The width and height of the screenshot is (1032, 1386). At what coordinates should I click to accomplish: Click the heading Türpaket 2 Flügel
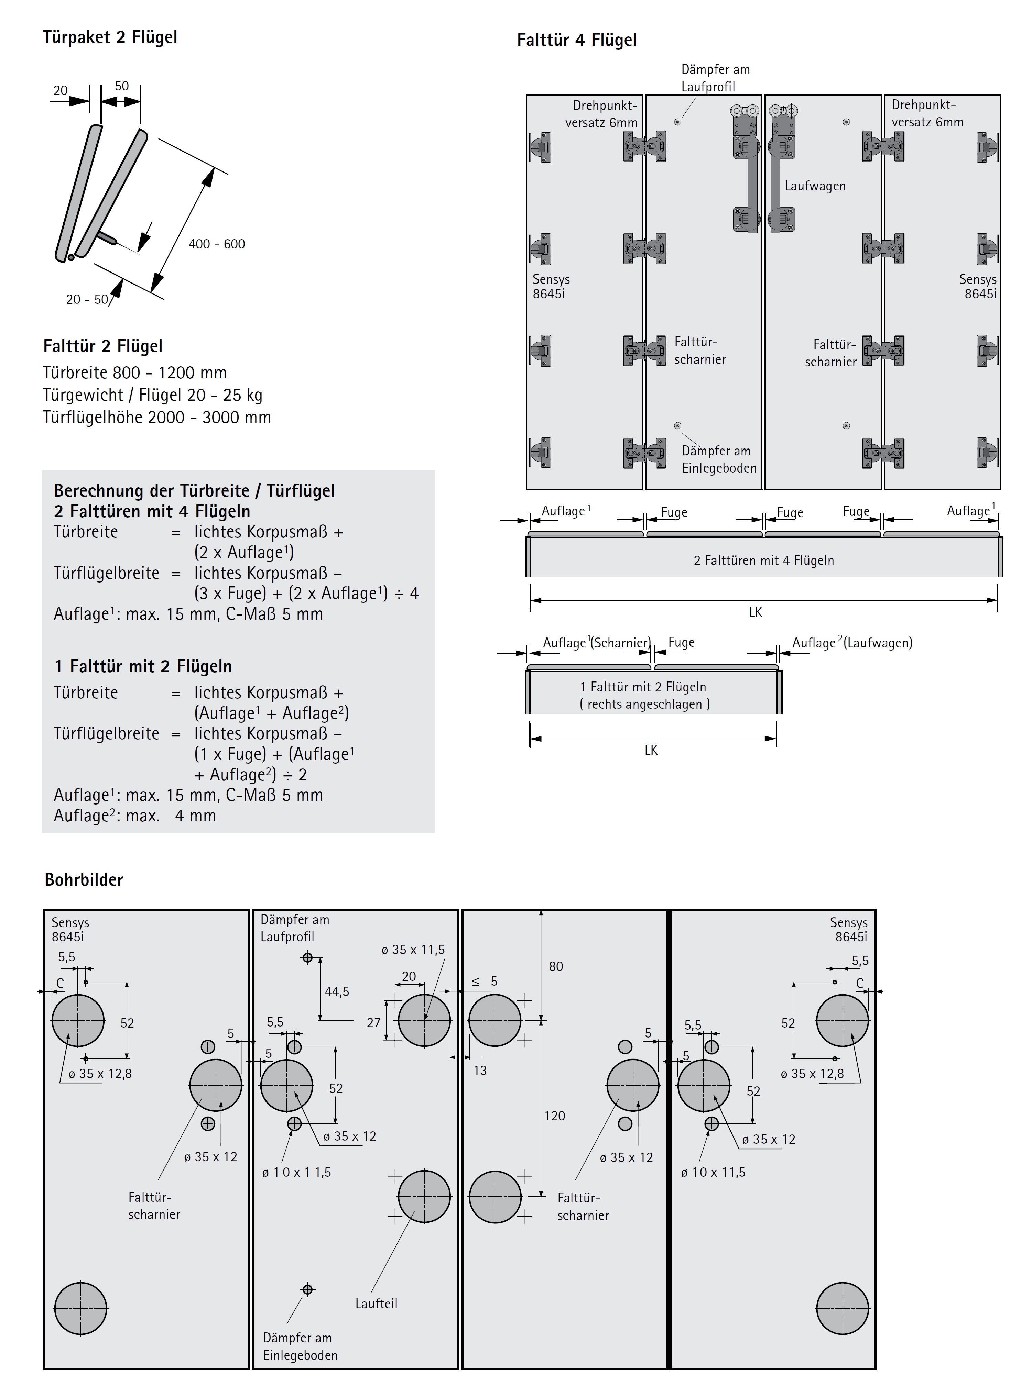(x=110, y=37)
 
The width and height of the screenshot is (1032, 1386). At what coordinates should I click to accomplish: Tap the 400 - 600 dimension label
(x=217, y=244)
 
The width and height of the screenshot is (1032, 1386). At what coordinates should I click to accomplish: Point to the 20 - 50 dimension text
(x=87, y=300)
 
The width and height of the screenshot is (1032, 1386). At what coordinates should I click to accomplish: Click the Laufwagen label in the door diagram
(x=815, y=186)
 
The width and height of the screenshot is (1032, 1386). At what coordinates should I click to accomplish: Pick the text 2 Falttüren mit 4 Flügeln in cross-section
(x=763, y=561)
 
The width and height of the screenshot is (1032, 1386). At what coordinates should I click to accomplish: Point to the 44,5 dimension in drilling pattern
(x=337, y=991)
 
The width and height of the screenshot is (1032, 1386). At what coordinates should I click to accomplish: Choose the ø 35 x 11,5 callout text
(x=413, y=950)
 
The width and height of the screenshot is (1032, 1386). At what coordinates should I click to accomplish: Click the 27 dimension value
(x=373, y=1023)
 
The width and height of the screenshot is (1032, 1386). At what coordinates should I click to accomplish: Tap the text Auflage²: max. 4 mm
(x=135, y=816)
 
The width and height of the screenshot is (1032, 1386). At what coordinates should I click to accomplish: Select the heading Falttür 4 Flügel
(x=577, y=40)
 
